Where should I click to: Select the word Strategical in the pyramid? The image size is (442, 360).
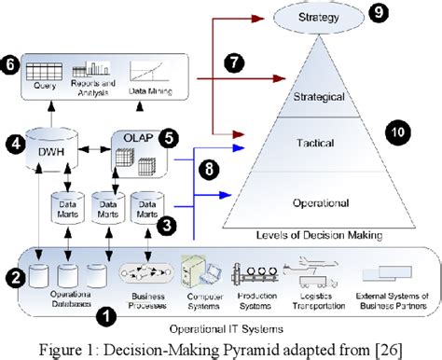coord(320,96)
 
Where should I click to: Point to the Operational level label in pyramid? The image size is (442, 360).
coord(320,201)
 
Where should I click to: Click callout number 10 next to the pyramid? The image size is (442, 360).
coord(399,133)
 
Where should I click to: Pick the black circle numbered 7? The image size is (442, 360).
coord(235,63)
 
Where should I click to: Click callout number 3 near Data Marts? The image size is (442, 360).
coord(168,224)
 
